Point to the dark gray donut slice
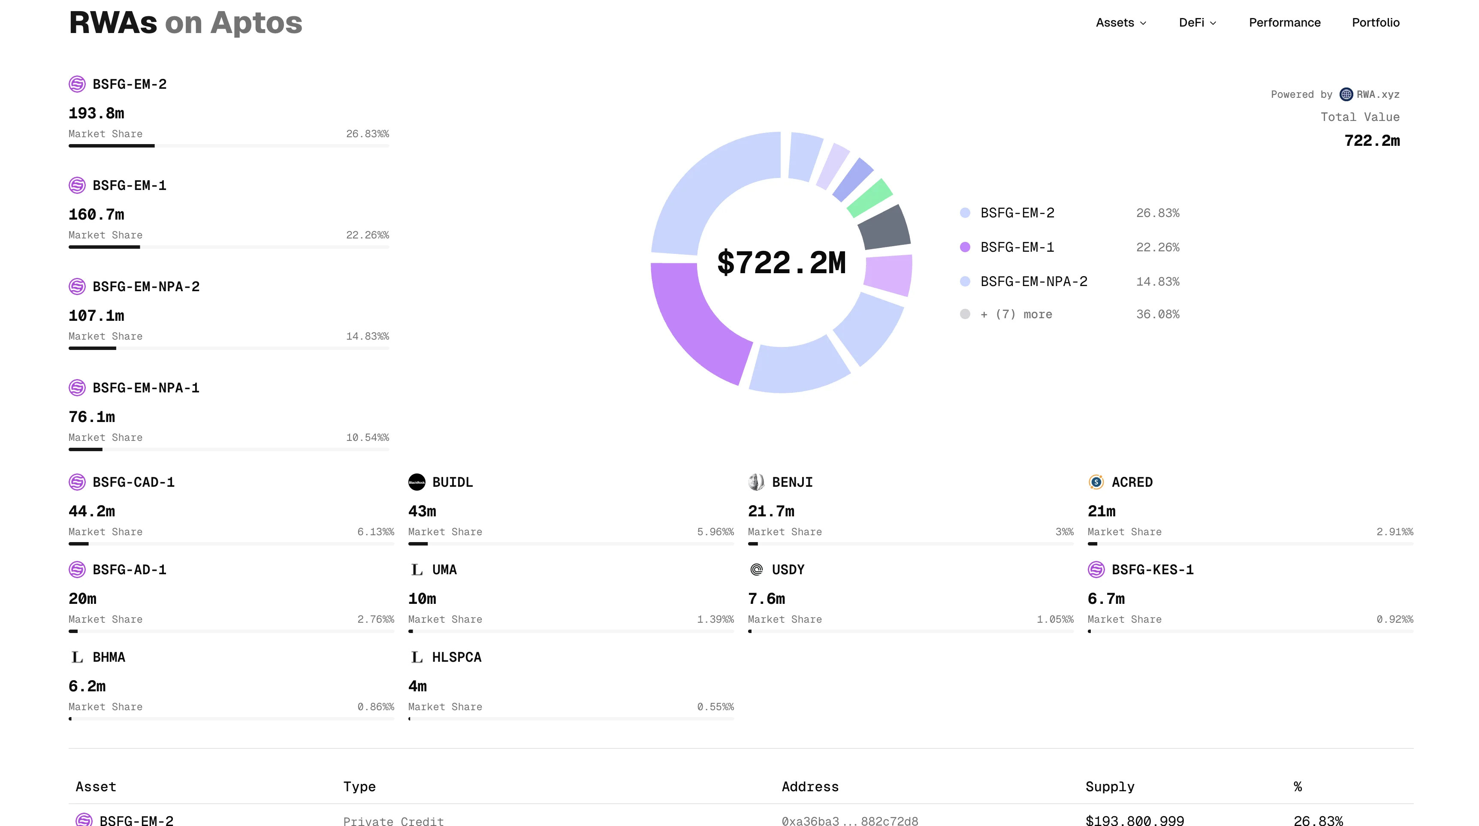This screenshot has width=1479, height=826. (884, 228)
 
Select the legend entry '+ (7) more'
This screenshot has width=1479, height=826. (1016, 314)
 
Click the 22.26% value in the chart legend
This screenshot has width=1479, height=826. (1157, 247)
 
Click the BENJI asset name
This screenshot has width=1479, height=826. (792, 482)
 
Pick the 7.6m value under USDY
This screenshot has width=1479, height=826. (766, 599)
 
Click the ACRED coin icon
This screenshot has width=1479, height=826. (1096, 482)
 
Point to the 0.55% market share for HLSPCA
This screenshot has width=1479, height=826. (715, 707)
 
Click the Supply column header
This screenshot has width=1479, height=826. (1109, 787)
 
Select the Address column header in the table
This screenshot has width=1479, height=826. (809, 787)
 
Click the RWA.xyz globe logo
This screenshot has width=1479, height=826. (1346, 94)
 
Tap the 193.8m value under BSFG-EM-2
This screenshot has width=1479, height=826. (96, 113)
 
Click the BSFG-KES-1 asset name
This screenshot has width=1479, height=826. (1152, 570)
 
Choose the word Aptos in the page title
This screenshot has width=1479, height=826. (256, 23)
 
